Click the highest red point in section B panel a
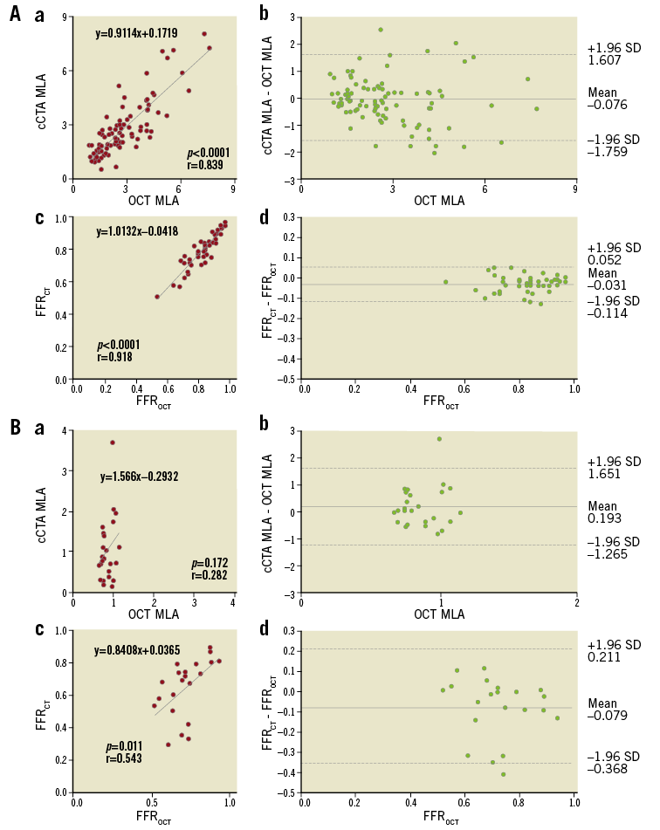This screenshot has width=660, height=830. coord(113,442)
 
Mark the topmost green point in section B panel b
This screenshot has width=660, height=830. coord(439,439)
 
